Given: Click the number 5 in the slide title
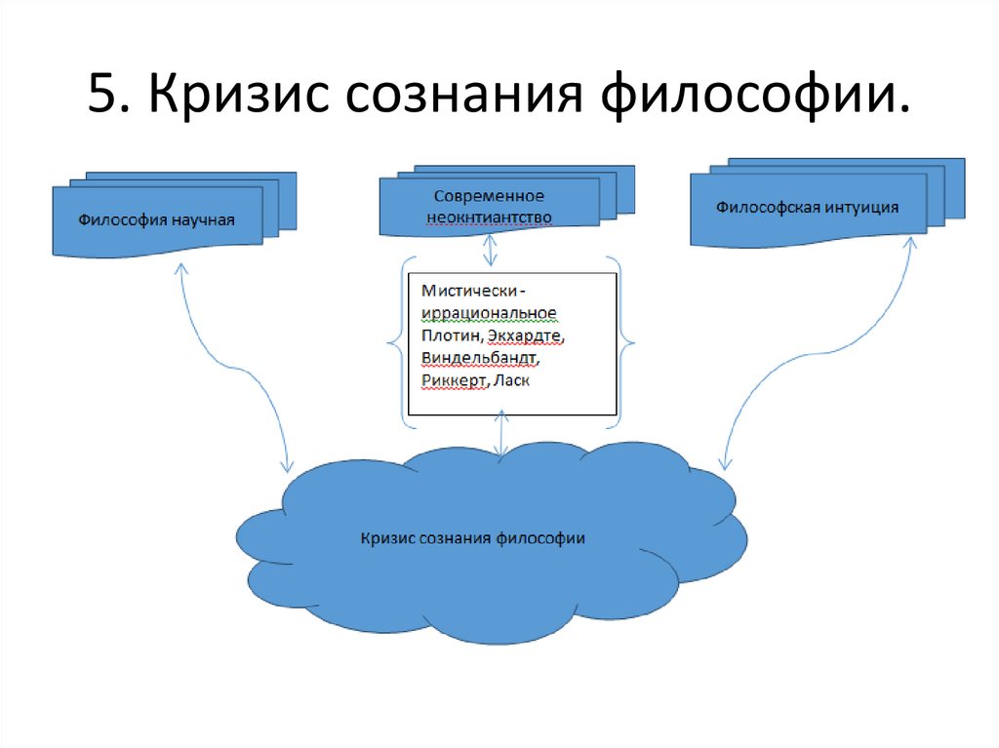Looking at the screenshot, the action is (x=100, y=98).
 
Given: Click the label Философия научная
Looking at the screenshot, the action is (x=157, y=218).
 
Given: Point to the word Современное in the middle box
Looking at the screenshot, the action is (x=490, y=196).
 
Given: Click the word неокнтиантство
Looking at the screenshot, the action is (x=490, y=217).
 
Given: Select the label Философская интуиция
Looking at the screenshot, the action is (x=807, y=207).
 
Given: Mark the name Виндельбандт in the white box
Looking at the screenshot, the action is (x=480, y=358).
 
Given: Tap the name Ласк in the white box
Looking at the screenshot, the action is (x=512, y=380).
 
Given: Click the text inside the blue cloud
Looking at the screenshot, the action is (x=472, y=537).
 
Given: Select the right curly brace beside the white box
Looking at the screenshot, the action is (x=624, y=342).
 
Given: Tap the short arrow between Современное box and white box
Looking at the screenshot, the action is (x=490, y=251).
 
